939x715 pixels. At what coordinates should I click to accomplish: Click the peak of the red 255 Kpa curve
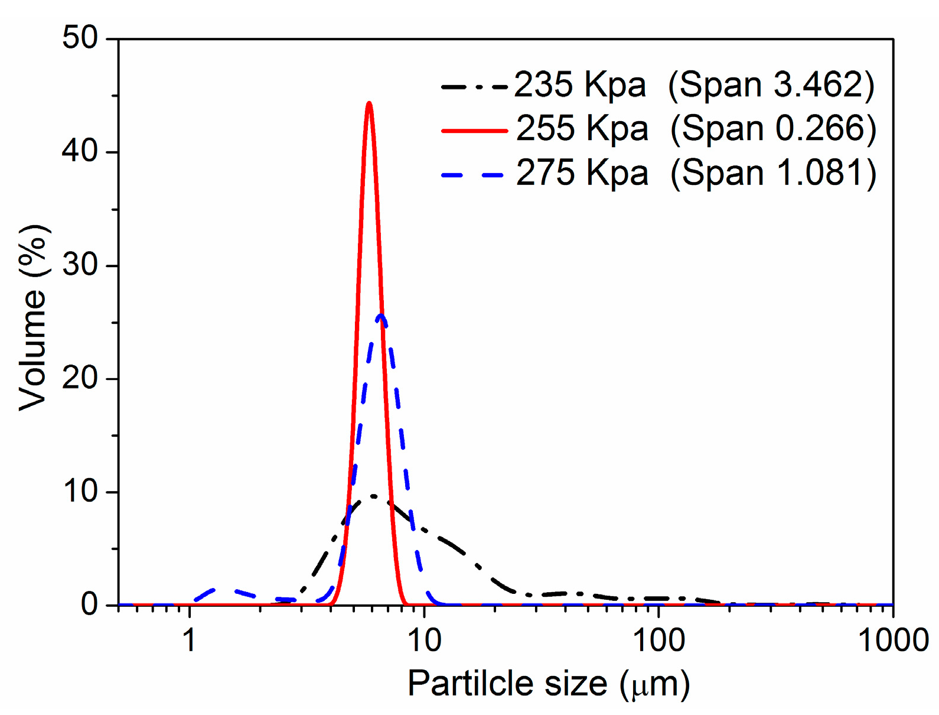coord(369,104)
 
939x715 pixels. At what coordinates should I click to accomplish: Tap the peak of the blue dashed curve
coord(381,316)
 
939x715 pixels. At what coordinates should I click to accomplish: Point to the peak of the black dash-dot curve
coord(373,496)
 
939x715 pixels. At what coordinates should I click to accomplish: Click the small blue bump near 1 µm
coord(216,590)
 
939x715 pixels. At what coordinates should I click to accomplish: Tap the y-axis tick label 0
coord(89,604)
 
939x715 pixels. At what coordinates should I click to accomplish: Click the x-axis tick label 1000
coord(892,641)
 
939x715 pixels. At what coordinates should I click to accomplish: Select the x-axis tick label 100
coord(658,641)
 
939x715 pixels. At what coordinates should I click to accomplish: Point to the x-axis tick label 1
coord(189,641)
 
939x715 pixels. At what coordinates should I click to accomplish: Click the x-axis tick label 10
coord(424,641)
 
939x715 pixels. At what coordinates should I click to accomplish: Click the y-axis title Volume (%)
coord(32,318)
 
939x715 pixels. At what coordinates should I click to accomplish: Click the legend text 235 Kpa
coord(579,85)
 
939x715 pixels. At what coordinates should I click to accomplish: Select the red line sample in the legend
coord(474,130)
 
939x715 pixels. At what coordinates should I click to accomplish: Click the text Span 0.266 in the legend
coord(773,129)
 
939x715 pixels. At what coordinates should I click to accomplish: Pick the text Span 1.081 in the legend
coord(773,174)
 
